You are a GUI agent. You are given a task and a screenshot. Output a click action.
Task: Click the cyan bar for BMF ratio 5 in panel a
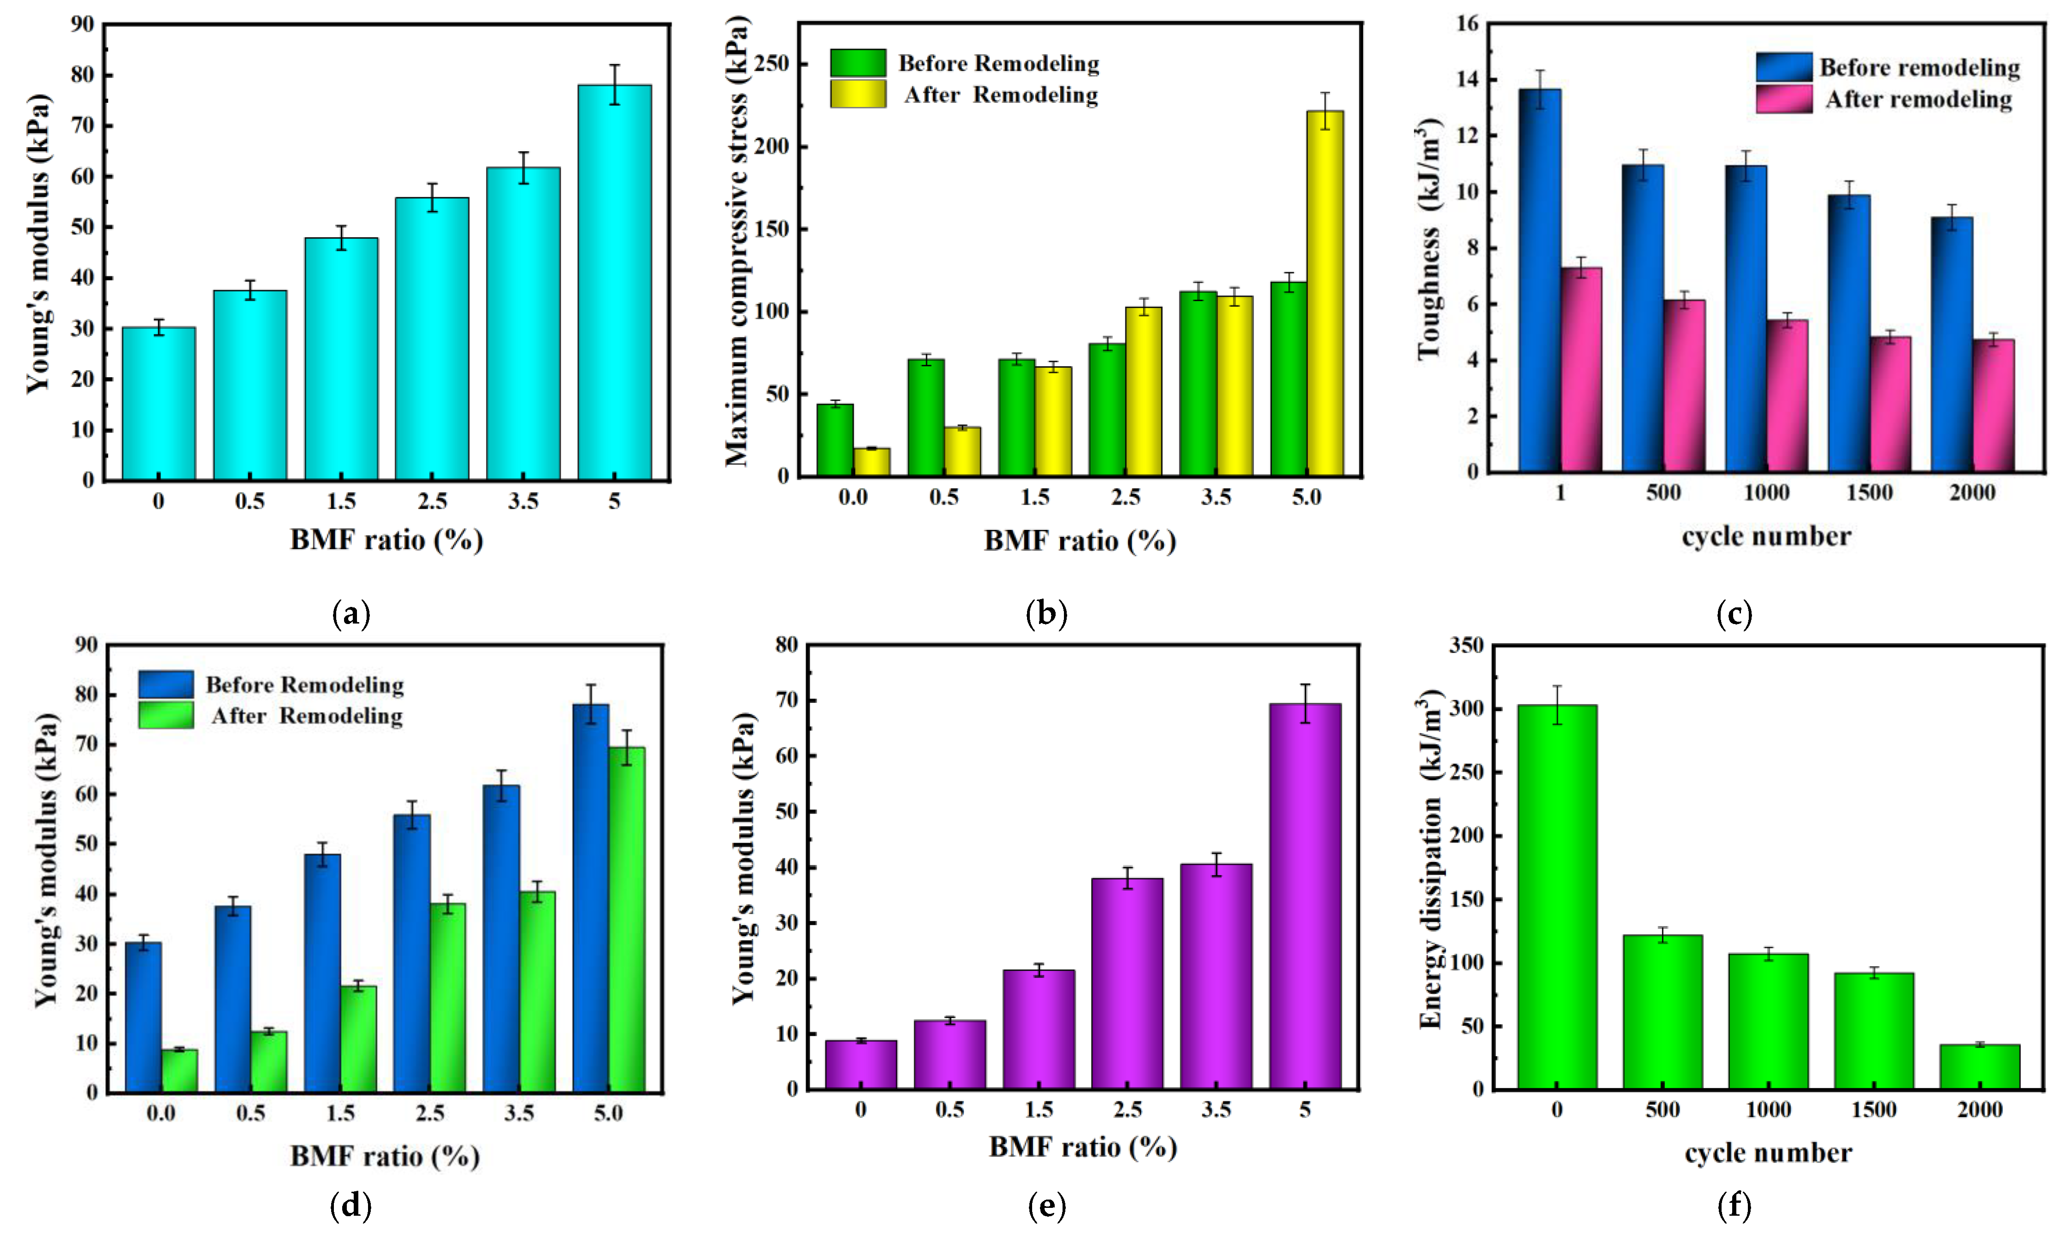(615, 283)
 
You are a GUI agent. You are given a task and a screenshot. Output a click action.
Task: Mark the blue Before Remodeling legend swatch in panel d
(166, 684)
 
